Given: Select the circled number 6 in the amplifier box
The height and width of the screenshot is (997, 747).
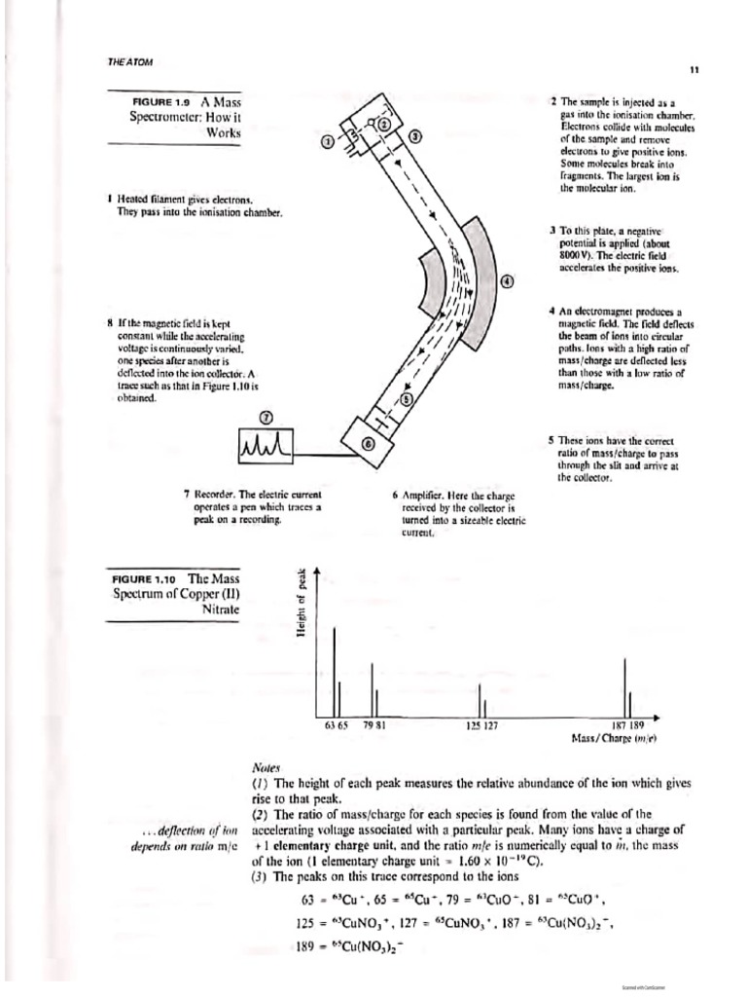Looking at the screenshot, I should coord(368,443).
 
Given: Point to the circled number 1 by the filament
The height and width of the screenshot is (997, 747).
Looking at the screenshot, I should coord(327,142).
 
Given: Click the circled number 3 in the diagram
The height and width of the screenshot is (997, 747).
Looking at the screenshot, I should coord(415,136).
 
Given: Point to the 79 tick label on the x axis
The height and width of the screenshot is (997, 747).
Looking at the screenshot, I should coord(370,725).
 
